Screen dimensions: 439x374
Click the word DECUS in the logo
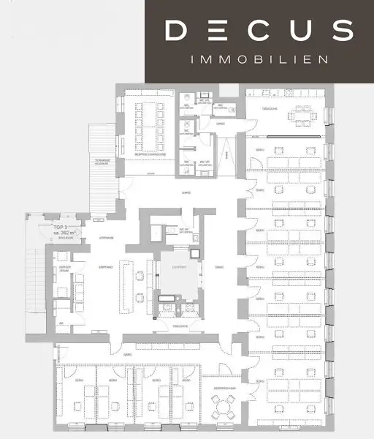pyautogui.click(x=259, y=31)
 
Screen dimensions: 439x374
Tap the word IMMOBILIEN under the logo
pyautogui.click(x=259, y=59)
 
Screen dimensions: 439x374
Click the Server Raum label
pyautogui.click(x=64, y=269)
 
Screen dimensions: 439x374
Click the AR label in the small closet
pyautogui.click(x=61, y=322)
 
